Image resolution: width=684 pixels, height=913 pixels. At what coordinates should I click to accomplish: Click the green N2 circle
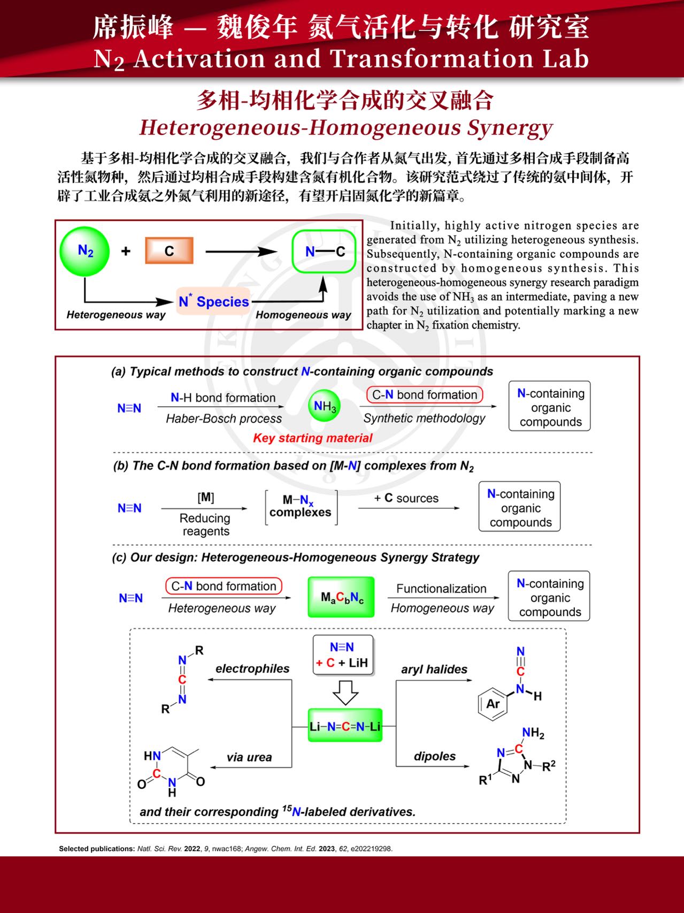click(x=84, y=251)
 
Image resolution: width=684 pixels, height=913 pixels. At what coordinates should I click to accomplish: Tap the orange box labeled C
click(x=169, y=251)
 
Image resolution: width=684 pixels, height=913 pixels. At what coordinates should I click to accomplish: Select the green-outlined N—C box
click(x=324, y=252)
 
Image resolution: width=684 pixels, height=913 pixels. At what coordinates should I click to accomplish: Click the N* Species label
click(x=214, y=301)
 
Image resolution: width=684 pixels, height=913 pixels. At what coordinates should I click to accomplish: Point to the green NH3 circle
click(x=325, y=406)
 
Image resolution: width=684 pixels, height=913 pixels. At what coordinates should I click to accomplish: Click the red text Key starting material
click(x=312, y=438)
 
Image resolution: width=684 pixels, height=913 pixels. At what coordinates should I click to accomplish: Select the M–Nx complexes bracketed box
click(x=301, y=507)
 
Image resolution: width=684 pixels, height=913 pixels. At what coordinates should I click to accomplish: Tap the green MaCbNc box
click(x=341, y=597)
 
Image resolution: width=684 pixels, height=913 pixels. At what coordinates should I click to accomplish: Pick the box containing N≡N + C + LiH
click(x=342, y=655)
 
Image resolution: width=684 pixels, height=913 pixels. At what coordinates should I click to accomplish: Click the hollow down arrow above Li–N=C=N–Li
click(x=345, y=693)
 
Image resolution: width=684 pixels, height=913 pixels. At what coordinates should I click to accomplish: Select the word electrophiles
click(x=252, y=668)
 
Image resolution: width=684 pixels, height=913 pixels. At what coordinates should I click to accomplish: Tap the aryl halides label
click(x=434, y=669)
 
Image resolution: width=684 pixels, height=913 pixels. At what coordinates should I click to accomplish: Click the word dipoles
click(x=435, y=756)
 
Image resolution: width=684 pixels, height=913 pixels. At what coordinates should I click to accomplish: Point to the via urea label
click(x=249, y=757)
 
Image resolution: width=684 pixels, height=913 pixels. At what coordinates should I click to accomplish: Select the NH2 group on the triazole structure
click(x=533, y=733)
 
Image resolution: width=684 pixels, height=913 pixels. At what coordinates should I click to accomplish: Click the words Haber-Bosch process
click(x=224, y=419)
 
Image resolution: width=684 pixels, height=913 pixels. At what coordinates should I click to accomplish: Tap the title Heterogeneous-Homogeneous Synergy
click(x=345, y=128)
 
